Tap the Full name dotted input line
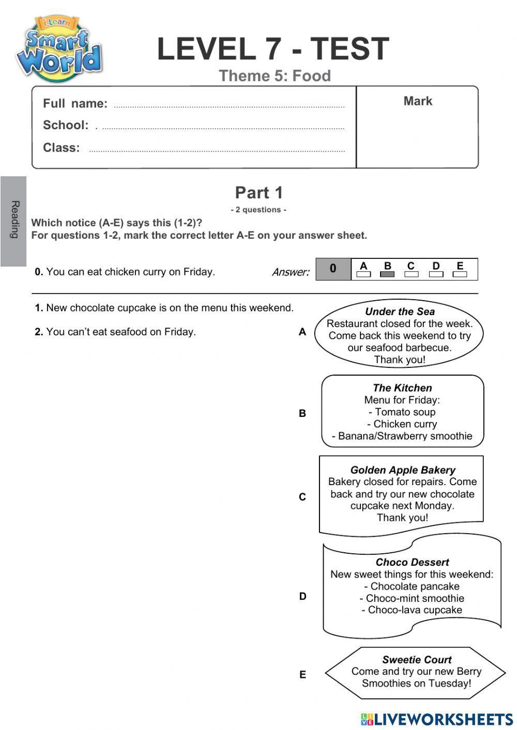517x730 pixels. pos(229,106)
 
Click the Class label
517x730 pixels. pos(62,148)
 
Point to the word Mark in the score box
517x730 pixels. pos(418,101)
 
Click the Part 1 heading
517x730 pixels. pos(259,193)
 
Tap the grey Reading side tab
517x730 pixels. pos(14,221)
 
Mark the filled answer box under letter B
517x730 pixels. pos(387,274)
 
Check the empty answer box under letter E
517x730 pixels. pos(460,274)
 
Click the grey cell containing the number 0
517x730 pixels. pos(333,269)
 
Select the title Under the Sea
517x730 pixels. pos(400,312)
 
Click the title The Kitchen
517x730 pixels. pos(402,388)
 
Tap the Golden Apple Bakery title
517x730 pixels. pos(403,470)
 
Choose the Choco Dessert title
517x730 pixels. pos(412,562)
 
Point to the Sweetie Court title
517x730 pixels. pos(417,660)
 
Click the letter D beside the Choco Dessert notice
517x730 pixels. pos(302,596)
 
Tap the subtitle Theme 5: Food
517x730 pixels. pos(275,76)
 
